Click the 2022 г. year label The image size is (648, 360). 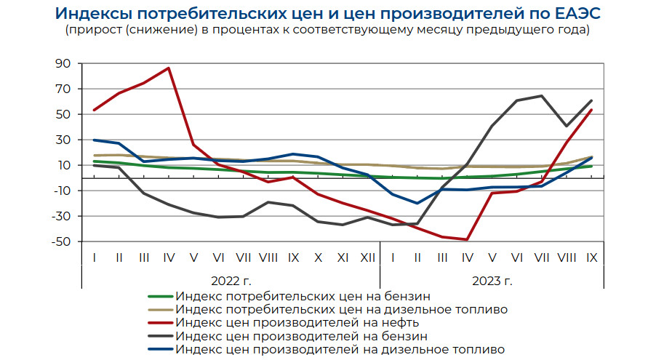[x=231, y=281]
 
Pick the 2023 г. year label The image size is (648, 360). [x=492, y=281]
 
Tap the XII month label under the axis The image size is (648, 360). [x=367, y=257]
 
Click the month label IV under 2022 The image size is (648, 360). [x=169, y=257]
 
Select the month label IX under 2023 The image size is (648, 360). [x=591, y=257]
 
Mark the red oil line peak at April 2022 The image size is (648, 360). [x=169, y=68]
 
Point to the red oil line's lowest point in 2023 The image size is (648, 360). [x=466, y=239]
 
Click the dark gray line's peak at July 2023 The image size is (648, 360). [x=541, y=96]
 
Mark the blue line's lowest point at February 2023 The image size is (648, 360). [x=417, y=203]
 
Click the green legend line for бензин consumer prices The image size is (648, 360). [x=159, y=297]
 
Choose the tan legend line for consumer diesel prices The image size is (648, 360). [x=159, y=310]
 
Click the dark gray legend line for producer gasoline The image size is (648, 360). [x=159, y=337]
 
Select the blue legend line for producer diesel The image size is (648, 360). [x=159, y=350]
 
